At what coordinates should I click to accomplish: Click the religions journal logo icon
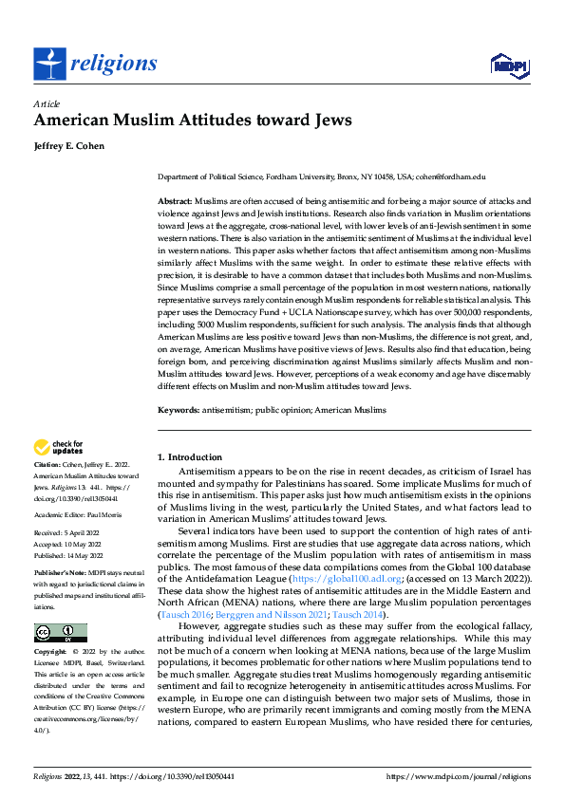(x=49, y=63)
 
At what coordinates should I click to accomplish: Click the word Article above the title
(x=46, y=102)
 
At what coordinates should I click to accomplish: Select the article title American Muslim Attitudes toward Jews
(x=193, y=121)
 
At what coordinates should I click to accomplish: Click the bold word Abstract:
(x=174, y=202)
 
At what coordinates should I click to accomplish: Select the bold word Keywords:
(x=177, y=410)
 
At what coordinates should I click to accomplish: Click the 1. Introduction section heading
(x=190, y=457)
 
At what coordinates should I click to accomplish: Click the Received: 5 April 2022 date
(x=72, y=534)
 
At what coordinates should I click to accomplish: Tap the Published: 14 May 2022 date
(x=74, y=555)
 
